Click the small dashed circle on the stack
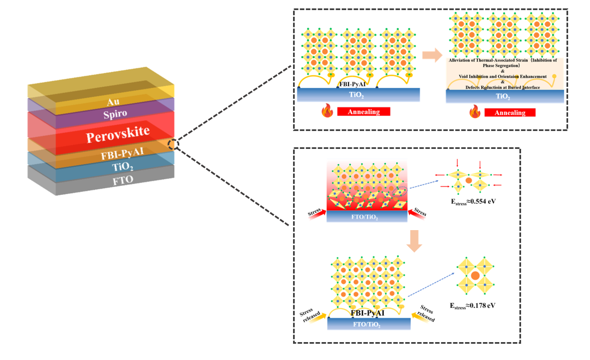174,144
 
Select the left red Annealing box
364,112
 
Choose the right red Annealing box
509,113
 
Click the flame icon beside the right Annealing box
475,112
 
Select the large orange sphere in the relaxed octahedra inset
475,275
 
